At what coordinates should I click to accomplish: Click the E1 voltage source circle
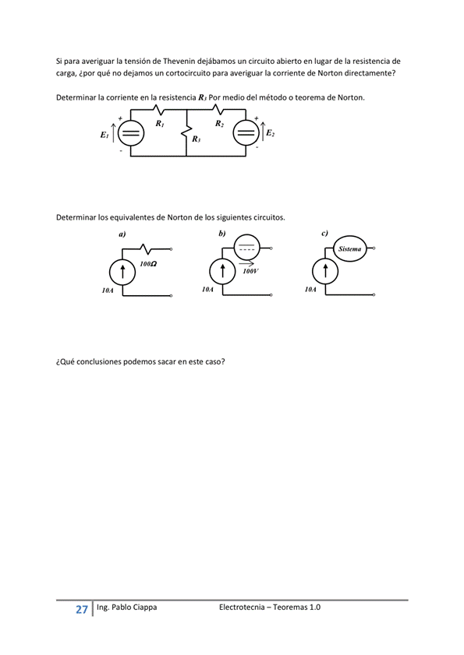click(x=131, y=134)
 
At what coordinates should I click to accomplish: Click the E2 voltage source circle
click(x=246, y=133)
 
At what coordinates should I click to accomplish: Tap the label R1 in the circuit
click(x=159, y=124)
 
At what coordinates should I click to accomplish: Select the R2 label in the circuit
click(x=219, y=124)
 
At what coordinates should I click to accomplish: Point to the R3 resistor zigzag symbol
click(x=186, y=136)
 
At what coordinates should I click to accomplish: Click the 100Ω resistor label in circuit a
click(x=148, y=264)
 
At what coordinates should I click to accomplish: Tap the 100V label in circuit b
click(x=250, y=272)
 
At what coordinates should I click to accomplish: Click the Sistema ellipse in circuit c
click(x=349, y=249)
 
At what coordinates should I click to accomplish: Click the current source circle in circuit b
click(x=223, y=272)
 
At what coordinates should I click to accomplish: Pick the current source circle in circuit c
click(x=325, y=272)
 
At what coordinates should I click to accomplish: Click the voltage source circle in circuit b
click(x=246, y=248)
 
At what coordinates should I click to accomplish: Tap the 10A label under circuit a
click(x=108, y=290)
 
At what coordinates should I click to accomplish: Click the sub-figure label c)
click(x=324, y=233)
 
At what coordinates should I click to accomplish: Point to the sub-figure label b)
click(x=222, y=233)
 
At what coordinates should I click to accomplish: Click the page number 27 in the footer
click(x=81, y=609)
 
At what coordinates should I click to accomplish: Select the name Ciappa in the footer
click(x=142, y=607)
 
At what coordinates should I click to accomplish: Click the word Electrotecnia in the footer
click(x=243, y=607)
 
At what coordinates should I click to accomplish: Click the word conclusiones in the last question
click(x=104, y=361)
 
